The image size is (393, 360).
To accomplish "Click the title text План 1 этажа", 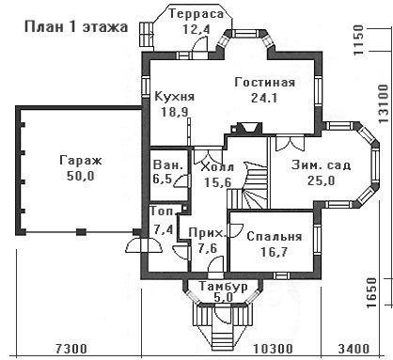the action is click(76, 27).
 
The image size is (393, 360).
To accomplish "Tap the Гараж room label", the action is click(81, 161).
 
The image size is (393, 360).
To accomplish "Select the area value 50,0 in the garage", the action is click(81, 176).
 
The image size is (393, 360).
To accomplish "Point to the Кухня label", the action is click(175, 97).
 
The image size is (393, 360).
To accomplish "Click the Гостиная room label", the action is click(265, 83).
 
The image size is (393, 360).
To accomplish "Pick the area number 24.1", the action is click(264, 99).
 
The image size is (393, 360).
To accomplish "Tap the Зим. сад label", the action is click(321, 165).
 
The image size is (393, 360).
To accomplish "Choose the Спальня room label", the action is click(275, 237).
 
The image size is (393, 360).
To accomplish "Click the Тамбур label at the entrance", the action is click(223, 287).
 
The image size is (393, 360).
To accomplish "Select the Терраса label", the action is click(196, 14).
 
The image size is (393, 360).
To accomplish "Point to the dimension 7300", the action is click(71, 349).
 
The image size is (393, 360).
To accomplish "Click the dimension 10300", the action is click(273, 349).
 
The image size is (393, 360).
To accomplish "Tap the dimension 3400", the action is click(354, 349).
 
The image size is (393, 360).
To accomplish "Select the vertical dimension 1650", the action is click(372, 292).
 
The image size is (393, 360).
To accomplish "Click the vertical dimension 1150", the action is click(358, 40).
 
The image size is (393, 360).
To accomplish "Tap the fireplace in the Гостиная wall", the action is click(246, 128).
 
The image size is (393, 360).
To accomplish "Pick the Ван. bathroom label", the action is click(168, 164).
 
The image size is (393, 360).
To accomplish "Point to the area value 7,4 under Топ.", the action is click(164, 230).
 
